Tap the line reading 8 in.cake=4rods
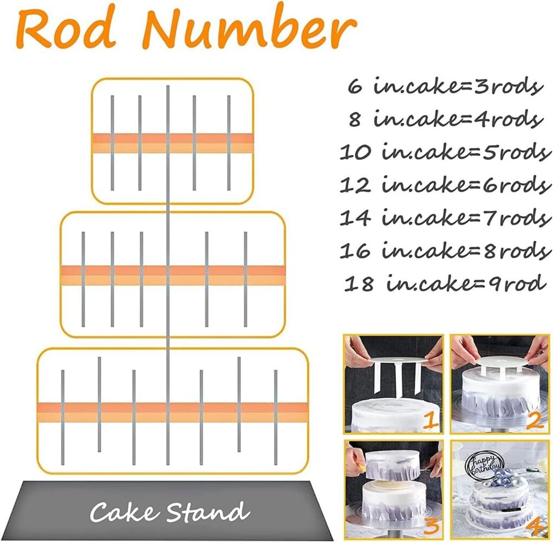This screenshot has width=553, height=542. click(x=446, y=119)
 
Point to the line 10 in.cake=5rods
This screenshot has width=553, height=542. click(x=445, y=152)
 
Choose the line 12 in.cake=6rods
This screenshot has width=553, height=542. click(x=445, y=184)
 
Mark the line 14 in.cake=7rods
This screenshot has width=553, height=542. click(x=445, y=217)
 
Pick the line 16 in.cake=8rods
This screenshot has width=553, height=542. click(x=445, y=250)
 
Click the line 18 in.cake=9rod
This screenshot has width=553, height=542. click(x=443, y=283)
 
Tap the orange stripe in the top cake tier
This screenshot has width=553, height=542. click(x=173, y=143)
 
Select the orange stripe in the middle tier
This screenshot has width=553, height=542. click(x=173, y=275)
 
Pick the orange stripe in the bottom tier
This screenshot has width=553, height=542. click(x=173, y=412)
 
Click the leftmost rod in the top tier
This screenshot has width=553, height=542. click(x=112, y=143)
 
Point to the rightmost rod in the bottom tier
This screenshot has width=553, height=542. click(x=276, y=417)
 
